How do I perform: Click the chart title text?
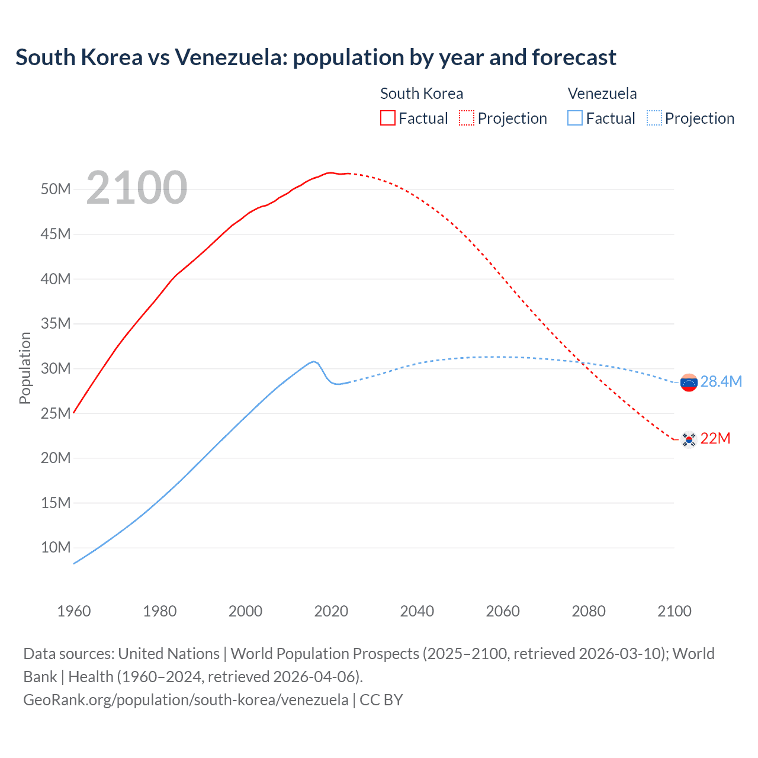[x=316, y=57]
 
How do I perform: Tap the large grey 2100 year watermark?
[x=137, y=188]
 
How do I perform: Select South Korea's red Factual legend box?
[x=387, y=118]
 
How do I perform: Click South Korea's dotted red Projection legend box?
[x=467, y=118]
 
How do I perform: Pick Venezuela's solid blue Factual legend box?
[x=575, y=118]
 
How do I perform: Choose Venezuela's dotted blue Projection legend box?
[x=654, y=118]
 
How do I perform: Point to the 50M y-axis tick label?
[x=56, y=189]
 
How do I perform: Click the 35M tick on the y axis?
[x=56, y=324]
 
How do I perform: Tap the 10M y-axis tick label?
[x=56, y=547]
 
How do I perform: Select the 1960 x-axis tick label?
[x=74, y=611]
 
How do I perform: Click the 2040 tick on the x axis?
[x=417, y=611]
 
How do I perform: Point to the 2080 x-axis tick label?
[x=589, y=611]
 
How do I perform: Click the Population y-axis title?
[x=25, y=368]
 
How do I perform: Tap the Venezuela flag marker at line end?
[x=689, y=383]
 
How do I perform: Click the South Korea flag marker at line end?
[x=689, y=439]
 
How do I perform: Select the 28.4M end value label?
[x=721, y=382]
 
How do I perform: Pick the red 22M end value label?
[x=715, y=439]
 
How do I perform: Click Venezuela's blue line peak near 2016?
[x=313, y=361]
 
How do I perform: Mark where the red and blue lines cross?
[x=581, y=362]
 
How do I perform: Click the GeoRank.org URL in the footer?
[x=186, y=700]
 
